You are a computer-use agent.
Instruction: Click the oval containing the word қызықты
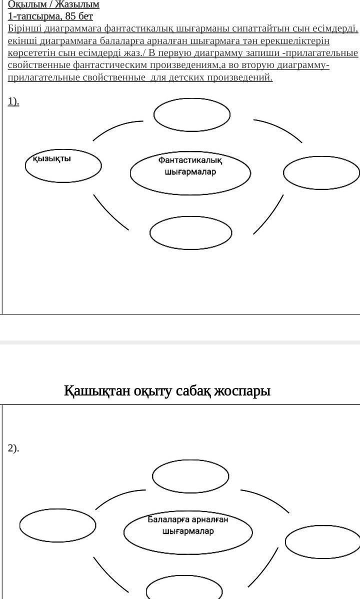tap(63, 164)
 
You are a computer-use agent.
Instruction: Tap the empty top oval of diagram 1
tap(192, 114)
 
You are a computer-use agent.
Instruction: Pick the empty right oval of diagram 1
tap(321, 173)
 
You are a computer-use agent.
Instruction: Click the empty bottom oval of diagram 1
tap(190, 232)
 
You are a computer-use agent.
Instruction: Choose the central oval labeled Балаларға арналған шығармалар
tap(188, 532)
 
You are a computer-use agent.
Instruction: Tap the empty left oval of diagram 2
tap(57, 524)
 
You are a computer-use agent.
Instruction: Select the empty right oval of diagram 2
tap(323, 541)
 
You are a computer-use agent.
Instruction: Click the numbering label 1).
tap(13, 101)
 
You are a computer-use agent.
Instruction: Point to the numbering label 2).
tap(13, 448)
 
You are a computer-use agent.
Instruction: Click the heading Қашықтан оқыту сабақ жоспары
tap(167, 390)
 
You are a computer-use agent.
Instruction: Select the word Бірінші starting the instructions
tap(25, 28)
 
